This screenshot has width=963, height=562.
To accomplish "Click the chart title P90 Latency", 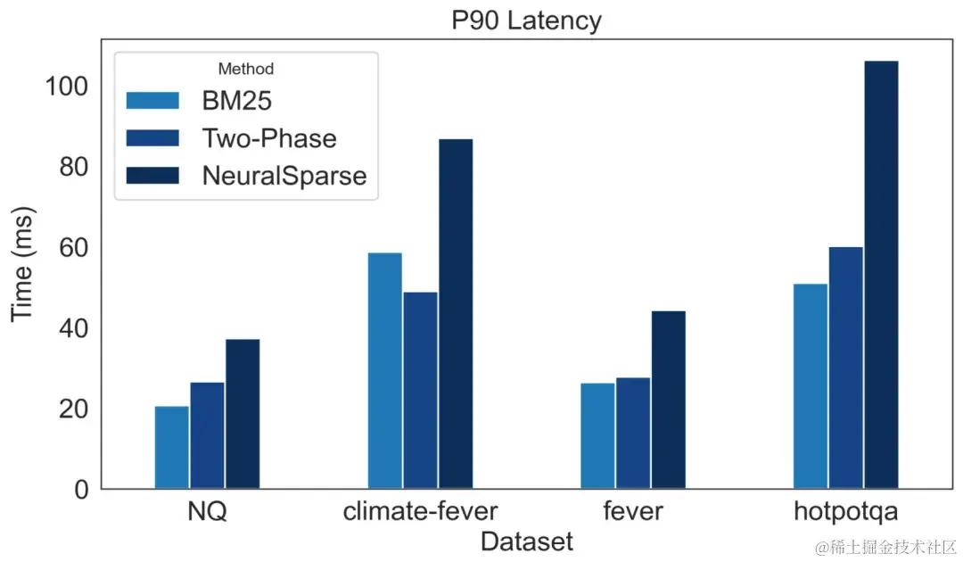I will (525, 20).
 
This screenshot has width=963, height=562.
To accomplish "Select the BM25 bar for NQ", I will (171, 448).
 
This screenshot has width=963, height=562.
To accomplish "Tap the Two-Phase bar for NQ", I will (207, 435).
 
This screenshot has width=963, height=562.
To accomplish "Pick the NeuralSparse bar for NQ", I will (243, 414).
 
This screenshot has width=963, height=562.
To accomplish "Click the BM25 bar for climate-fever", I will (384, 371).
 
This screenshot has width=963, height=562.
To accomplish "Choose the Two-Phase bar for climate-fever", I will (420, 391).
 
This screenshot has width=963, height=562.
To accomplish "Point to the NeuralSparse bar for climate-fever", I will (456, 314).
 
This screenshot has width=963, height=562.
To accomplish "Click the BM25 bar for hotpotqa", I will (810, 386).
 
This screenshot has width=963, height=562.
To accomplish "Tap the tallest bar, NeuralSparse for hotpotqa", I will (881, 275).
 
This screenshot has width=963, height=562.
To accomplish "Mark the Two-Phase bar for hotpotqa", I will (845, 368).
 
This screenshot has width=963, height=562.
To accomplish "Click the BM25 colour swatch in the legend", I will (153, 101).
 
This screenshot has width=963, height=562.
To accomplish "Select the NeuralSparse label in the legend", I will (284, 175).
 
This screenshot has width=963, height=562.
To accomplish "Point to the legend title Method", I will (246, 69).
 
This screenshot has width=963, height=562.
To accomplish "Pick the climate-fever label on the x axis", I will (420, 513).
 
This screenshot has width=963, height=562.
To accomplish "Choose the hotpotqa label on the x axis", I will (845, 513).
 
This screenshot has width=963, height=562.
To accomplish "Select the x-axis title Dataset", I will (526, 541).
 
